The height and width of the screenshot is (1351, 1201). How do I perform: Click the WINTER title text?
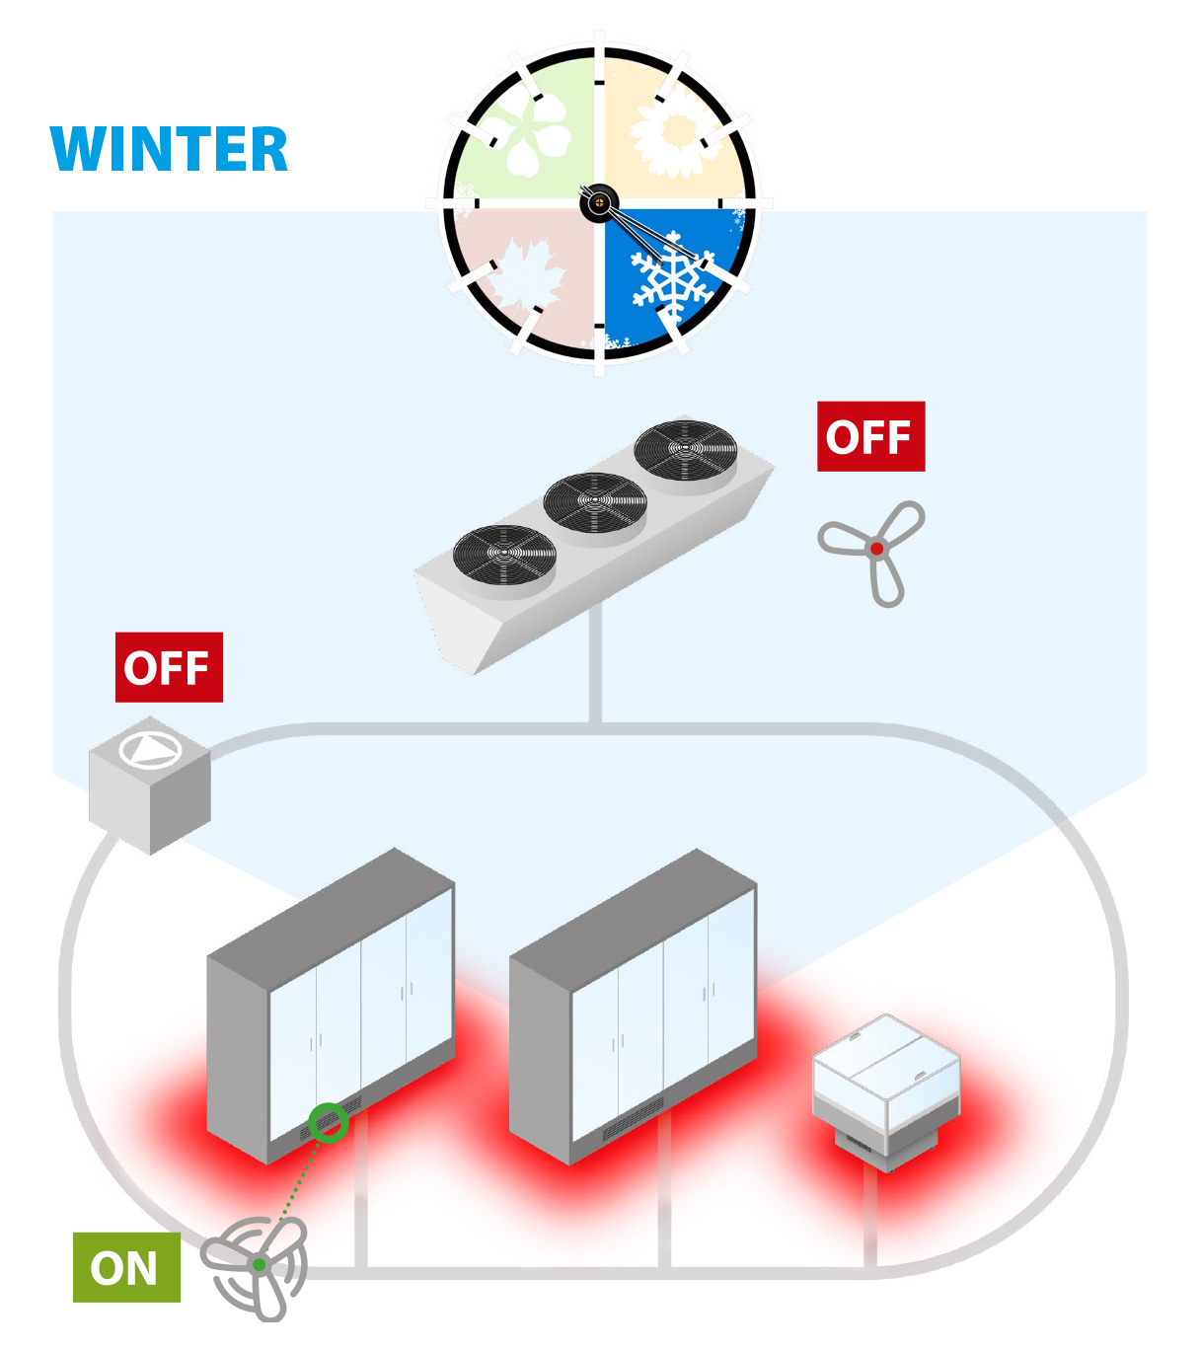coord(169,149)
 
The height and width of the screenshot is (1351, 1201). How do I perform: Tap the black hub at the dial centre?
coord(598,203)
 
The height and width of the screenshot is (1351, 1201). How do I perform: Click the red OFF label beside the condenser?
coord(870,436)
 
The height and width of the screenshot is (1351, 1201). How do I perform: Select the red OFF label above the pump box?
coord(169,667)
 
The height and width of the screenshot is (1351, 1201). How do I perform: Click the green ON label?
coord(126,1267)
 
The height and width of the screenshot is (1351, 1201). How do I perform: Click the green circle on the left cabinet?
coord(328,1122)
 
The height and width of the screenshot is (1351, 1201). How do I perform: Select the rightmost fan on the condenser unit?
coord(685,448)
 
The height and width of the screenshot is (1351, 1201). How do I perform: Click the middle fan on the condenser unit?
coord(595,500)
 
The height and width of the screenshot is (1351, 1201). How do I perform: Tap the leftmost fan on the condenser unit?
coord(504,553)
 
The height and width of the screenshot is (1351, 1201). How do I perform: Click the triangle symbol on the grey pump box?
coord(150,750)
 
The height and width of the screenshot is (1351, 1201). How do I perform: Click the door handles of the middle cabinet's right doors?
coord(709,989)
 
